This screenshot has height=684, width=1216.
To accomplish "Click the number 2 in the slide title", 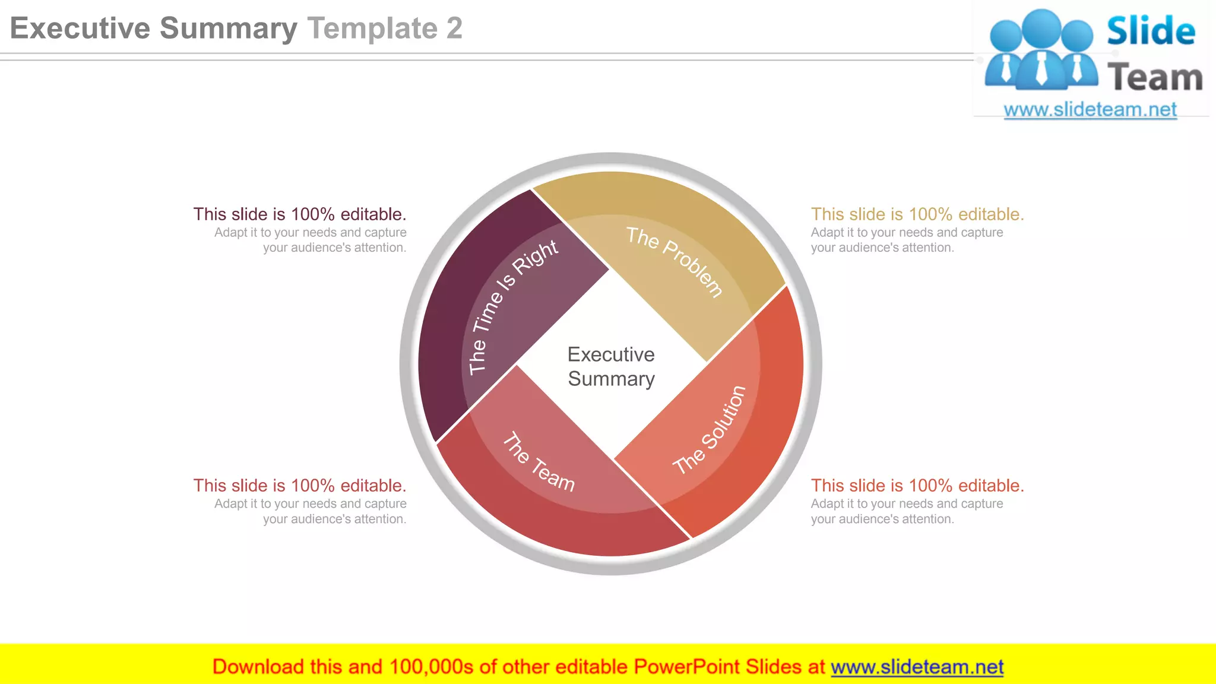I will click(454, 28).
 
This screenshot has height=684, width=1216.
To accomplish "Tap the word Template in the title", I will click(372, 28).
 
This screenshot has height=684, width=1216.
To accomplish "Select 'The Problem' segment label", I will click(674, 261).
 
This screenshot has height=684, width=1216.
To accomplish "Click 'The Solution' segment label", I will click(710, 430).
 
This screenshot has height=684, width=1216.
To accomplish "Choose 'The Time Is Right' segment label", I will click(512, 306).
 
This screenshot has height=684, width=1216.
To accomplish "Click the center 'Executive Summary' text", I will click(611, 366).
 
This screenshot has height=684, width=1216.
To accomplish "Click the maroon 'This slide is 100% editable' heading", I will click(300, 214).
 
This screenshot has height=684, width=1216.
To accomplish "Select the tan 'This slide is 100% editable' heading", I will click(917, 214).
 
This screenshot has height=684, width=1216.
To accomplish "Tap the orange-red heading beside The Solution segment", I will click(917, 486).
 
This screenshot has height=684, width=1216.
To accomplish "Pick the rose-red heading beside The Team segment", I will click(300, 486).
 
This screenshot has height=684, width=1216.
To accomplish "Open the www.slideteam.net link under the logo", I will click(1090, 110).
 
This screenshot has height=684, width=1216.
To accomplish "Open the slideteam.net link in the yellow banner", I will click(917, 667).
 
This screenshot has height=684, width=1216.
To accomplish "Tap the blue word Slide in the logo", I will click(1151, 31).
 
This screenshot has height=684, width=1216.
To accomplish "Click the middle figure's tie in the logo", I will click(1041, 68).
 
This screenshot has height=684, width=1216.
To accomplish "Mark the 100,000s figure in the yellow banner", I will click(431, 667).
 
